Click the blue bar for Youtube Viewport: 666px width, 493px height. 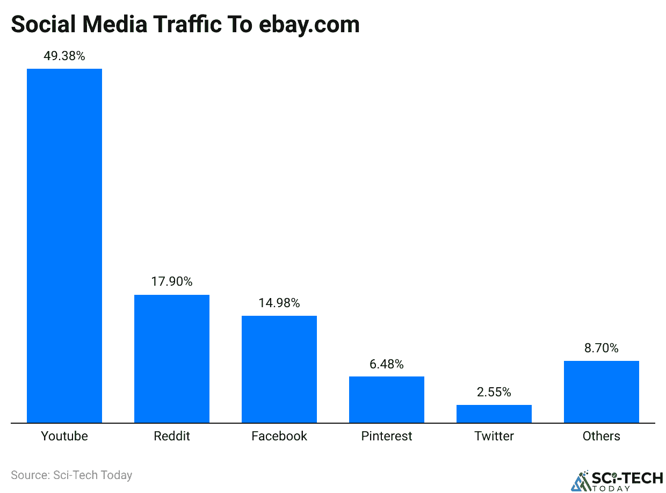point(64,245)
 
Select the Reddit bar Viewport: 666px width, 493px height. point(172,359)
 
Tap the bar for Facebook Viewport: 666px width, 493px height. point(279,369)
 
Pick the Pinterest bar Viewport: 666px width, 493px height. point(387,400)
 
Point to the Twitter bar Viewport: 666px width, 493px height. point(494,414)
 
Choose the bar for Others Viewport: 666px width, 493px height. point(602,392)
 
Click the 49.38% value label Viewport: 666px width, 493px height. point(64,56)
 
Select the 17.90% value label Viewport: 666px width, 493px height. point(172,282)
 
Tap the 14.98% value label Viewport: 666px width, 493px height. point(279,303)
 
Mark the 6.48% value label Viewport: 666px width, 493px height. point(387,364)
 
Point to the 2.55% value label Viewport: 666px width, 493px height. point(494,392)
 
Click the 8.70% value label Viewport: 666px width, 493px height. point(602,348)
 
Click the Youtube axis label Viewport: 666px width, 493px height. point(64,436)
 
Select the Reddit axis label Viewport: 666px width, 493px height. point(172,436)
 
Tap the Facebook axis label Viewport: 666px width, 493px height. point(279,436)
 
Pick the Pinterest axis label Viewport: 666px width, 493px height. point(387,436)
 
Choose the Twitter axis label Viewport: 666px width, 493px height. point(494,436)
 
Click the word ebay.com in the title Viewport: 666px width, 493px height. point(309,25)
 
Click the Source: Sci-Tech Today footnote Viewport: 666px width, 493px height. point(71,475)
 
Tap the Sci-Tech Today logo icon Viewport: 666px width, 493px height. point(580,481)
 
